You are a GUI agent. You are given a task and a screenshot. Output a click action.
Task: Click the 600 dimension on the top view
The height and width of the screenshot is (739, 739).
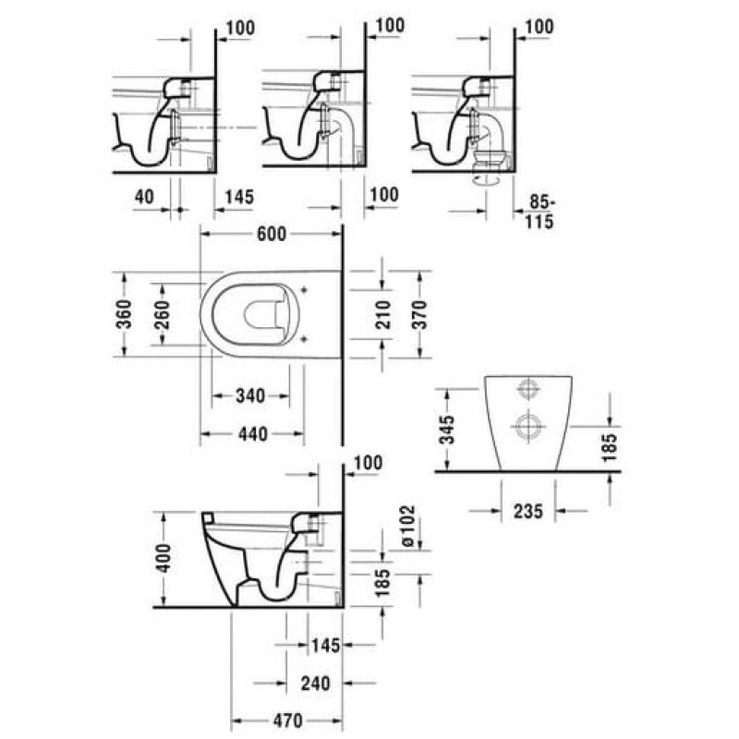pos(272,235)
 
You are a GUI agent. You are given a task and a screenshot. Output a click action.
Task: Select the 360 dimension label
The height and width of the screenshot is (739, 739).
pos(125,313)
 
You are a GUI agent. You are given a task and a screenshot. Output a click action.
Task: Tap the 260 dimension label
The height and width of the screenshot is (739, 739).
pos(162,314)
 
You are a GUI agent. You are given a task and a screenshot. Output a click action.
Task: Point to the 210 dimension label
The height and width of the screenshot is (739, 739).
pos(382,314)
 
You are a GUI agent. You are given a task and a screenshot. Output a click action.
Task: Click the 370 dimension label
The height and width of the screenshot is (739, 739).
pos(419,314)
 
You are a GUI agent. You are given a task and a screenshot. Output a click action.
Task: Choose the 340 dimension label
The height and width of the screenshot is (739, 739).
pos(250,396)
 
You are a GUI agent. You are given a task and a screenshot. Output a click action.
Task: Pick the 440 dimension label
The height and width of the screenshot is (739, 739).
pos(253,434)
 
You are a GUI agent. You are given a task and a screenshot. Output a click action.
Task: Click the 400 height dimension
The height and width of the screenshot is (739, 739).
pos(164,559)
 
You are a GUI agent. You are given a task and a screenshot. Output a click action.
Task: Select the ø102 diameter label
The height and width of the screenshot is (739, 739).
pos(408,526)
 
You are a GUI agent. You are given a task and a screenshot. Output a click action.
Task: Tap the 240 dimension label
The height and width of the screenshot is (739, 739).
pos(316,683)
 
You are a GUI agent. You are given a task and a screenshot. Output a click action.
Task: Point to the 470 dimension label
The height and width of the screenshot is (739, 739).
pos(288,721)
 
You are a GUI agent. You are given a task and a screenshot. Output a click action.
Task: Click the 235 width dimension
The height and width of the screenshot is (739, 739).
pos(528,511)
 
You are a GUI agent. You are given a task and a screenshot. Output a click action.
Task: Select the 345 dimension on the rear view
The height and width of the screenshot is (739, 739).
pos(447,430)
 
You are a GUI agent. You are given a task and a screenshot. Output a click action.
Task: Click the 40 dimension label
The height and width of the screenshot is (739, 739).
pos(144,197)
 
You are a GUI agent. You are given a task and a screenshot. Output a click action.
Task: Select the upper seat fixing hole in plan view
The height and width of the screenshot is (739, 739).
pos(304,290)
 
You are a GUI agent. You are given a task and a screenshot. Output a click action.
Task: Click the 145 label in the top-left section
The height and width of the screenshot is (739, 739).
pos(239,197)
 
